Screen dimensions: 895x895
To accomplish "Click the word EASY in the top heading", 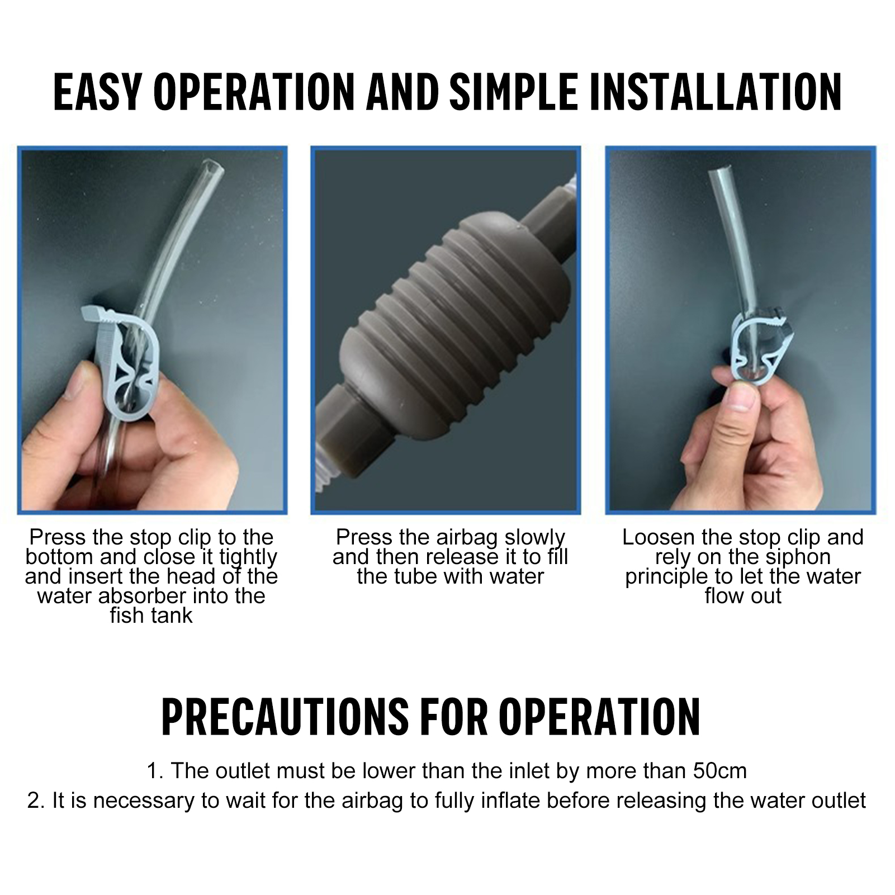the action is (98, 91).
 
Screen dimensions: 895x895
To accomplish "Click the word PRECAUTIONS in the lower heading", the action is (285, 716).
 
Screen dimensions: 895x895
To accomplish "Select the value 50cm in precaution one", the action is (720, 771).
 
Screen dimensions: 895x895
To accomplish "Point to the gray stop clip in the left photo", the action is (120, 358).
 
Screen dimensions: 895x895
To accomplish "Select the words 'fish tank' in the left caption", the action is (151, 615).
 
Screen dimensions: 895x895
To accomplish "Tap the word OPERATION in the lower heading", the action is (599, 716).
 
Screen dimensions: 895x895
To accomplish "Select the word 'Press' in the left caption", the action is (58, 537).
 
